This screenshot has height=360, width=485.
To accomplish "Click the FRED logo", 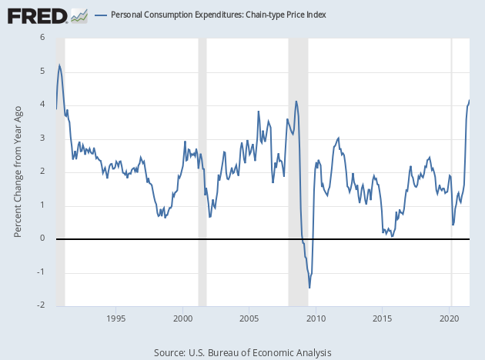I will click(37, 15).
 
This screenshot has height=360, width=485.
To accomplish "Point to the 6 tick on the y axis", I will click(42, 38).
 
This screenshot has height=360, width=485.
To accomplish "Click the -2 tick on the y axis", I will click(41, 305).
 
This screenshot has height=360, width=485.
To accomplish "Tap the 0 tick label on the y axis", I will click(42, 238).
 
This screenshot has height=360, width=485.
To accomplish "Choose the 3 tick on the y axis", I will click(42, 138).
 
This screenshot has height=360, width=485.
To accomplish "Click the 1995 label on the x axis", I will click(116, 318).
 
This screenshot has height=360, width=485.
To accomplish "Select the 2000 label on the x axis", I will click(182, 318).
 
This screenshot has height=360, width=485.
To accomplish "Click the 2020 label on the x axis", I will click(450, 318).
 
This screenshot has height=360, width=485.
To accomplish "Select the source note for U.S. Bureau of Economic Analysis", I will click(242, 352).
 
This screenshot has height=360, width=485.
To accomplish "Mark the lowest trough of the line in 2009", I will click(309, 288).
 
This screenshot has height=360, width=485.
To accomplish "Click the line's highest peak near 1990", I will click(59, 65).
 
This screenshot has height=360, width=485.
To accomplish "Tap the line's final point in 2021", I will click(470, 101).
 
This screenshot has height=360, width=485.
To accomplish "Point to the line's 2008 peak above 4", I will click(296, 101).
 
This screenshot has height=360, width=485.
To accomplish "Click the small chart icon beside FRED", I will click(79, 15).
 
